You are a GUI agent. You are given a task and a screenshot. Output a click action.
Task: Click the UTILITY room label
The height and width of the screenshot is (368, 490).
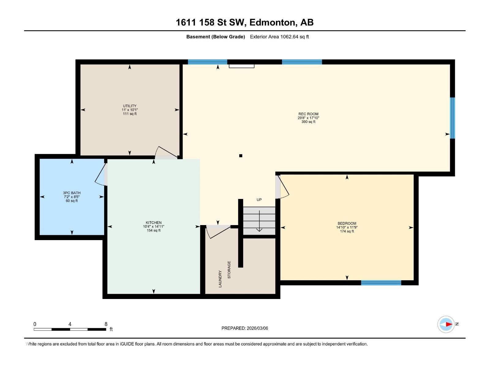(130, 106)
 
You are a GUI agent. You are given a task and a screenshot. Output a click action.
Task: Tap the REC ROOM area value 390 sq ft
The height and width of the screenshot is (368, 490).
(308, 122)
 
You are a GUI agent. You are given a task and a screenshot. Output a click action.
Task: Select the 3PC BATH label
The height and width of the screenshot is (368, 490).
(72, 193)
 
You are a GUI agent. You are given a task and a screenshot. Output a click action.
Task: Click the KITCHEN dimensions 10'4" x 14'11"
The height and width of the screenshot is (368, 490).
(153, 227)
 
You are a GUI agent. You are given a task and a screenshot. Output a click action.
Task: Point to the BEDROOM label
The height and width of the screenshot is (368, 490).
(347, 224)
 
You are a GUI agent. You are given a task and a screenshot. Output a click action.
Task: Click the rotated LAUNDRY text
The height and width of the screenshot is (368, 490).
(220, 279)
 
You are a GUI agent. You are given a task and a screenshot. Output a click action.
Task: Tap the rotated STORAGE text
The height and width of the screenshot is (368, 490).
(229, 270)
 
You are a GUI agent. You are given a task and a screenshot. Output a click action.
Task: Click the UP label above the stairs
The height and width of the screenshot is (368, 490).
(259, 200)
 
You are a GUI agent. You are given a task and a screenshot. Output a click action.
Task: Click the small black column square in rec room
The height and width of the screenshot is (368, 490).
(241, 156)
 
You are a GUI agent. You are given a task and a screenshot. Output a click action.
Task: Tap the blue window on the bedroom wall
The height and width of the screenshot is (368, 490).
(381, 283)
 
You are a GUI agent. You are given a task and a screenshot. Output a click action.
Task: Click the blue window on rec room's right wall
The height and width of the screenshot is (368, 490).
(452, 118)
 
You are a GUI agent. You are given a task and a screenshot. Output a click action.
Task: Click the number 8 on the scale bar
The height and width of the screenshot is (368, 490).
(106, 324)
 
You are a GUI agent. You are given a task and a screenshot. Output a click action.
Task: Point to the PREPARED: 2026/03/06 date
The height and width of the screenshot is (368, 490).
(245, 328)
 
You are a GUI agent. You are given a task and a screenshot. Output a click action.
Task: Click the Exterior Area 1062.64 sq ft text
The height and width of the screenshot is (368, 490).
(279, 37)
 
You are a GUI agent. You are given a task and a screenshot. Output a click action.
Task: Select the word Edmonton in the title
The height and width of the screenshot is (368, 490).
(273, 22)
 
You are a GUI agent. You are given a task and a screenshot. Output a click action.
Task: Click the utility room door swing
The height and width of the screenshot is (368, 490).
(166, 152)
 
